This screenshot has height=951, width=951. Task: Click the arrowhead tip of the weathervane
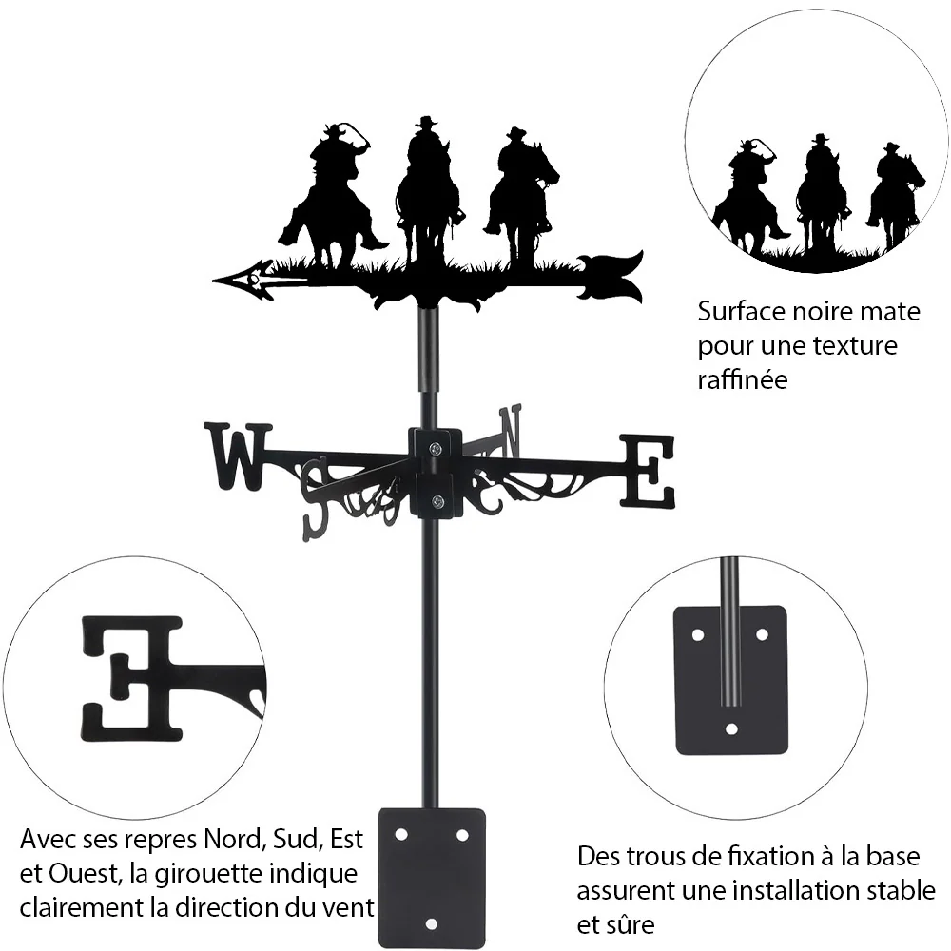[213, 281]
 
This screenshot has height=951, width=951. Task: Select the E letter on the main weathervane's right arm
[648, 471]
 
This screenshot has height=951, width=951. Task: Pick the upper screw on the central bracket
[436, 449]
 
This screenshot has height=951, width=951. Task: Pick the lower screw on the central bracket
[437, 501]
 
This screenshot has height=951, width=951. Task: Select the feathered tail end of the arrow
[611, 277]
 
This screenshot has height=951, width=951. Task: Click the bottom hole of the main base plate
[431, 924]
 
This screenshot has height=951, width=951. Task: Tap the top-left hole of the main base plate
[401, 835]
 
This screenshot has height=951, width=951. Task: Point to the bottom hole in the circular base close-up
[731, 728]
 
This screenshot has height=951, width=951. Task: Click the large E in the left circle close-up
[132, 679]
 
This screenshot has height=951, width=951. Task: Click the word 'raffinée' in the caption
[743, 379]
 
